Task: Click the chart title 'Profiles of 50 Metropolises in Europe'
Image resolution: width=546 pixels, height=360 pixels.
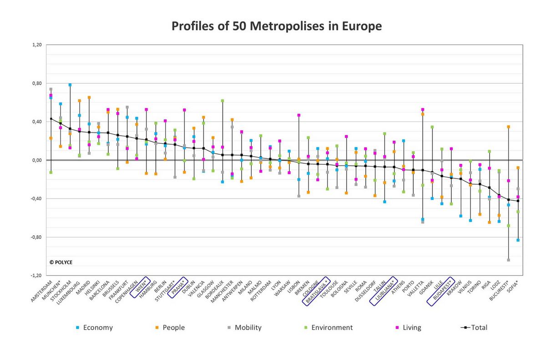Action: tap(276, 26)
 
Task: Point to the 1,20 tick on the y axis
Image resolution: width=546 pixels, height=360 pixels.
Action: tap(37, 45)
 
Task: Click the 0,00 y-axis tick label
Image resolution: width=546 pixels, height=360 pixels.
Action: tap(37, 160)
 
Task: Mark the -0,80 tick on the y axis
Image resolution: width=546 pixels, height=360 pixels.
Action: tap(36, 237)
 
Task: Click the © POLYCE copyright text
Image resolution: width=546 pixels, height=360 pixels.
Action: tap(61, 262)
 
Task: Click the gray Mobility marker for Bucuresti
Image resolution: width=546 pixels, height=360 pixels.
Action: tap(508, 260)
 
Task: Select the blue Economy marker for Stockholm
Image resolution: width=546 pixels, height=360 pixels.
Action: tap(70, 85)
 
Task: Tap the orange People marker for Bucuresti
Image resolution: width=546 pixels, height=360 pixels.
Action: tap(508, 127)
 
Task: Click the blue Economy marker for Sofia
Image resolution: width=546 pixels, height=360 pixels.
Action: tap(518, 240)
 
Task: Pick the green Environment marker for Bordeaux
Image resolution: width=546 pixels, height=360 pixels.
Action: tap(222, 101)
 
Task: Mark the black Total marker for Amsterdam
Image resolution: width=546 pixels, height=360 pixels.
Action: tap(51, 119)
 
